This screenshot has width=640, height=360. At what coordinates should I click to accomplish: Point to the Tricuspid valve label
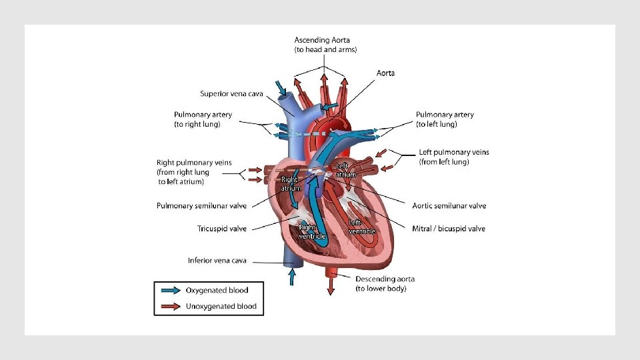(222, 229)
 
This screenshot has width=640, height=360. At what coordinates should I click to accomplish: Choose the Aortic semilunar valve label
(449, 206)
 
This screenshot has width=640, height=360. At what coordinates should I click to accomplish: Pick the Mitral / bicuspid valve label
(449, 229)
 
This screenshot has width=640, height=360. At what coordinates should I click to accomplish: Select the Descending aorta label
(385, 283)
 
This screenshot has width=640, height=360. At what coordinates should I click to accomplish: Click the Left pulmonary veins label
(453, 157)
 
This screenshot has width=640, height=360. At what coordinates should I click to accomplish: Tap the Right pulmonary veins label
(194, 172)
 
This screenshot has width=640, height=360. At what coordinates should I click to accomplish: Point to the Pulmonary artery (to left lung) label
(445, 119)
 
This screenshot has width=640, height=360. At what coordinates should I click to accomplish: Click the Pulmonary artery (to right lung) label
(203, 119)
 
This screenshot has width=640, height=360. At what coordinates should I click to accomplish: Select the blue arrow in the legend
(169, 290)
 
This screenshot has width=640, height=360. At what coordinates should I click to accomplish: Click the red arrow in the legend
(169, 307)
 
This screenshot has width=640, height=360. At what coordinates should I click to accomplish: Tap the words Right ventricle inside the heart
(312, 232)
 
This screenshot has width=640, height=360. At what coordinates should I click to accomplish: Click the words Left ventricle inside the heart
(362, 227)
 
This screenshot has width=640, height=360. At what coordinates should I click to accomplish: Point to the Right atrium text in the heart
(290, 183)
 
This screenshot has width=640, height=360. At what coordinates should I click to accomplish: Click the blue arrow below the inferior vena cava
(291, 276)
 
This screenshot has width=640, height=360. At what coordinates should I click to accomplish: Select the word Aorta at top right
(385, 73)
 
